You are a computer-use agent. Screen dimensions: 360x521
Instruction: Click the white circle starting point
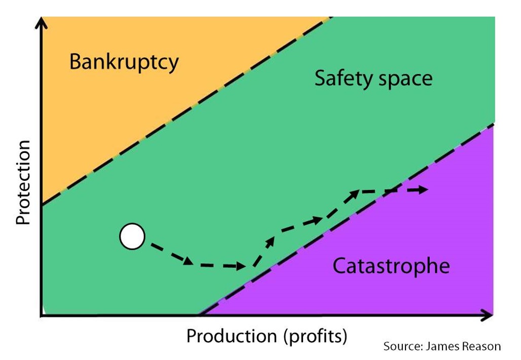[132, 236]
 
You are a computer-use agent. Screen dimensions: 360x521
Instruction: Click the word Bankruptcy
[124, 62]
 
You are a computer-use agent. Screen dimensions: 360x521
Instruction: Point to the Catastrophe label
[391, 266]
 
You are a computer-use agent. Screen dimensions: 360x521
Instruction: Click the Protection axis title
[23, 182]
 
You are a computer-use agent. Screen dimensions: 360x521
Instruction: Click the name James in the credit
[442, 347]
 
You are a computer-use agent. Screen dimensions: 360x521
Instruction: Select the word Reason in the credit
[482, 347]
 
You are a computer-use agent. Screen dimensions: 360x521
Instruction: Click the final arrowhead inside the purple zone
[423, 190]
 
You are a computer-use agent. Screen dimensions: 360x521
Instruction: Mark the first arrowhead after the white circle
[188, 261]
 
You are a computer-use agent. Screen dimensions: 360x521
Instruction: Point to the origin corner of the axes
[42, 315]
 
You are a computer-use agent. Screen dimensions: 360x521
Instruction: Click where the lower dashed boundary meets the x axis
[199, 315]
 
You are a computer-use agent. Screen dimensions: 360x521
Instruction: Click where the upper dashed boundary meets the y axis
[42, 205]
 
